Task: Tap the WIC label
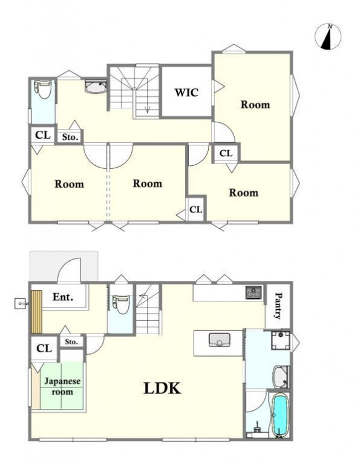tap(186, 93)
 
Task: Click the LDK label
tap(162, 388)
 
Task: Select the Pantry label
tap(278, 306)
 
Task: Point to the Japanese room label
tap(62, 386)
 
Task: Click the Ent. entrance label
tap(63, 297)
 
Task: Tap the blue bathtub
tap(280, 415)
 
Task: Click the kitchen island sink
tap(219, 340)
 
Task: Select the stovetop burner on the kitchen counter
tap(254, 292)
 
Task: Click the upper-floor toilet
tap(43, 89)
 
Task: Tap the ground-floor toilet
tap(120, 304)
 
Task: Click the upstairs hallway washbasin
tap(96, 87)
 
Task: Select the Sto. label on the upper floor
tap(70, 137)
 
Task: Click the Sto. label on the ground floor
tap(71, 341)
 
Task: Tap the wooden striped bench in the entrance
tap(36, 312)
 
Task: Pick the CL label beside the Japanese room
tap(44, 349)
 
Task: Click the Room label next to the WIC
tap(255, 105)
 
